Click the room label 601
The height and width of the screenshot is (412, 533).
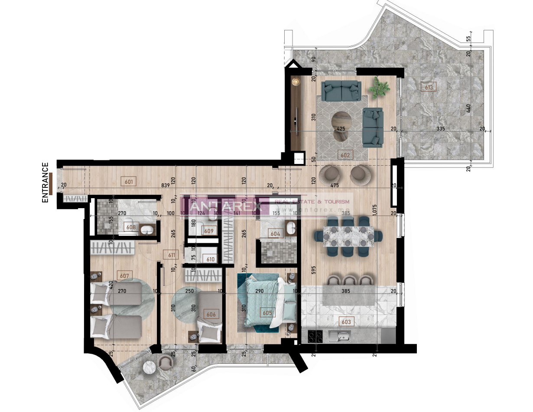tap(128, 181)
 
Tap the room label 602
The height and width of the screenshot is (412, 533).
tap(345, 154)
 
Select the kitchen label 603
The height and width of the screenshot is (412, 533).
tap(346, 322)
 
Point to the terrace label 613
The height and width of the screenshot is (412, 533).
tap(429, 87)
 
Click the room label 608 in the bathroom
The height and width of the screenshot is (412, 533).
tap(130, 227)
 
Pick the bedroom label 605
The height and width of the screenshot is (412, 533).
tap(267, 312)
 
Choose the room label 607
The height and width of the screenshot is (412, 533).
tap(124, 275)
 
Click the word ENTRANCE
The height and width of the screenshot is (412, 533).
tap(45, 183)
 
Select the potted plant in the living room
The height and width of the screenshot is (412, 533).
tap(379, 87)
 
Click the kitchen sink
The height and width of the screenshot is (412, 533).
tap(340, 335)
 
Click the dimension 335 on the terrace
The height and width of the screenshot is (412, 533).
tap(441, 129)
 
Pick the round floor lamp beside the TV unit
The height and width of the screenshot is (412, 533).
tap(296, 81)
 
